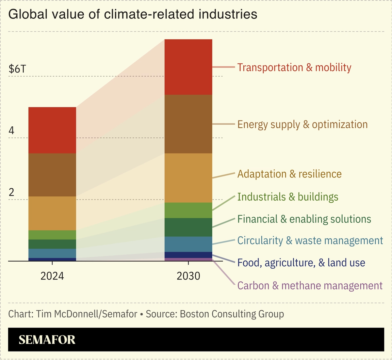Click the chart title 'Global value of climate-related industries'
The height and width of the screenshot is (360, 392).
pyautogui.click(x=132, y=14)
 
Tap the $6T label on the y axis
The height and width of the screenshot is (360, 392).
pyautogui.click(x=17, y=69)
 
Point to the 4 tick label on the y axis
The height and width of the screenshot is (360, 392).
pyautogui.click(x=12, y=131)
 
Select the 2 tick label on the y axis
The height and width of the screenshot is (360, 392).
pyautogui.click(x=12, y=192)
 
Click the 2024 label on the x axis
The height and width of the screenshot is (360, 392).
pyautogui.click(x=52, y=276)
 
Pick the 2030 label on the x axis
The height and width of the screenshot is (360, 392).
pyautogui.click(x=188, y=276)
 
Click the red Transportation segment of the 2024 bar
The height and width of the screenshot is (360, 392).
pyautogui.click(x=52, y=130)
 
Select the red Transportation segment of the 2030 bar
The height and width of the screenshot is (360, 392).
pyautogui.click(x=188, y=67)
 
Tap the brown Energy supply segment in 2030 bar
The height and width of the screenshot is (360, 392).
pyautogui.click(x=188, y=124)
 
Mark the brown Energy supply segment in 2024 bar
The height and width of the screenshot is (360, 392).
pyautogui.click(x=52, y=175)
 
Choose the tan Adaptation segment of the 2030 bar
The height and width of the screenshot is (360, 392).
pyautogui.click(x=188, y=178)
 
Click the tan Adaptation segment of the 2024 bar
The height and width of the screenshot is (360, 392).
pyautogui.click(x=52, y=213)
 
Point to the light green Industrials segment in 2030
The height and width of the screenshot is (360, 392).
pyautogui.click(x=188, y=210)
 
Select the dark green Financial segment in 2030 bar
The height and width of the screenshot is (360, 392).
pyautogui.click(x=188, y=227)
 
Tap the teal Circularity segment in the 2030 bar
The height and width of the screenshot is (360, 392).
pyautogui.click(x=188, y=244)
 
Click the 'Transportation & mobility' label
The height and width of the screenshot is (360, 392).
pyautogui.click(x=294, y=67)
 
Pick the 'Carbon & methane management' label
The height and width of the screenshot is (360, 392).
pyautogui.click(x=310, y=285)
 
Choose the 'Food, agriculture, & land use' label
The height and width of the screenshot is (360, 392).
pyautogui.click(x=301, y=263)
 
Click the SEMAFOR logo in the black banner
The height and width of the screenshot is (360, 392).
pyautogui.click(x=47, y=340)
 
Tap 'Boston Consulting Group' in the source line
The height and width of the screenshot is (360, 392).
pyautogui.click(x=232, y=314)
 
